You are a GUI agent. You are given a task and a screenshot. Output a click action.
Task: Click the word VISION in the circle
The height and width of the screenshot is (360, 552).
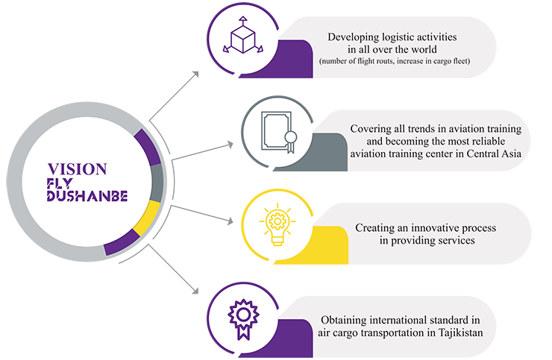click(x=77, y=169)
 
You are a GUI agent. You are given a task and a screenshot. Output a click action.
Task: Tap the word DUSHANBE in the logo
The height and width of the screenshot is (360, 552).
click(x=87, y=196)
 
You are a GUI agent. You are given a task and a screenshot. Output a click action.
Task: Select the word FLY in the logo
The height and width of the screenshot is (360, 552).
click(x=60, y=183)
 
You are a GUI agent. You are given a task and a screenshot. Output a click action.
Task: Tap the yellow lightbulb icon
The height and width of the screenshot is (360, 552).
click(x=277, y=224)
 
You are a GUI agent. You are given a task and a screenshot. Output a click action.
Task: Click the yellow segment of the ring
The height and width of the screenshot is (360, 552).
click(x=147, y=219)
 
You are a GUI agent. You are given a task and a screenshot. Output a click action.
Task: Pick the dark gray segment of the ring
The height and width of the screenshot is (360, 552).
click(x=157, y=183)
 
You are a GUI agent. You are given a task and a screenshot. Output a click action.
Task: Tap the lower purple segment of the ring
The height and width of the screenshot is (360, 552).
click(x=122, y=242)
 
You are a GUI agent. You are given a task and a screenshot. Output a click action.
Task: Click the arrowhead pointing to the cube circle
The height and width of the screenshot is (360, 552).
click(x=195, y=75)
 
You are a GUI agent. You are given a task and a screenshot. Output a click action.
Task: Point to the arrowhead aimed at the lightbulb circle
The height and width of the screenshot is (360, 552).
click(x=230, y=221)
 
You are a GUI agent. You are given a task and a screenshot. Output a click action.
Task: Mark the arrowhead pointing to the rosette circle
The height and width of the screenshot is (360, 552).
click(x=195, y=291)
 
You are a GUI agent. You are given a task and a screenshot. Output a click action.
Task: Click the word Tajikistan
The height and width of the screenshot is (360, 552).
click(x=460, y=332)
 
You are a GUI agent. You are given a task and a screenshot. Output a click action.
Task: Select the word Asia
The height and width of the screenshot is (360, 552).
click(x=511, y=154)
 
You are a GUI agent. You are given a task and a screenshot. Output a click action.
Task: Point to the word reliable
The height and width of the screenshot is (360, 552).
click(x=489, y=141)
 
